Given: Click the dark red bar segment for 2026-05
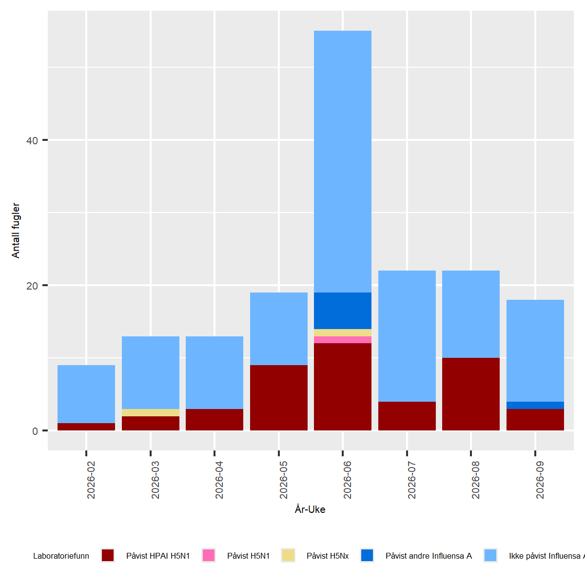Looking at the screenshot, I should click(x=278, y=397).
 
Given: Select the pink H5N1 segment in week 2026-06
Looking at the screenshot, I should click(x=342, y=340).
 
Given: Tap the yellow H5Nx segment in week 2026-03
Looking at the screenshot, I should click(x=150, y=412).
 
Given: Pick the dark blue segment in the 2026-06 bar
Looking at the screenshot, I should click(x=342, y=311).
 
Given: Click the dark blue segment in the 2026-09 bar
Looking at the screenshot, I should click(x=535, y=405).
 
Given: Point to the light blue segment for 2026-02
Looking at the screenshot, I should click(x=86, y=394).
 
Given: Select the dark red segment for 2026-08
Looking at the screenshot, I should click(x=470, y=394).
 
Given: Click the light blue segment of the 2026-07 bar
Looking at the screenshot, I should click(x=407, y=336).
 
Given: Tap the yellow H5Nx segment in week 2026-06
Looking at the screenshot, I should click(x=342, y=332).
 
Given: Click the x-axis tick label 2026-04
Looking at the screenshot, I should click(x=219, y=480).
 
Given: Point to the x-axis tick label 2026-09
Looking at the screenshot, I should click(x=540, y=480).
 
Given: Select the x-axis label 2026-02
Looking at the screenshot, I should click(x=91, y=480).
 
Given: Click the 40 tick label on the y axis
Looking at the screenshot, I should click(x=32, y=140).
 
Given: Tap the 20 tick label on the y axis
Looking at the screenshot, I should click(x=32, y=286).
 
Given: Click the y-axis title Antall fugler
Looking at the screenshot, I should click(x=16, y=231).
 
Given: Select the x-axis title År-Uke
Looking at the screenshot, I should click(x=310, y=509).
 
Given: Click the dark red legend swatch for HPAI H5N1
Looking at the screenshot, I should click(x=108, y=555).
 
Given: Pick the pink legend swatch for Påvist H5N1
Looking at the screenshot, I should click(x=209, y=555).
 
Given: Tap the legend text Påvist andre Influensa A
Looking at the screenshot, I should click(x=429, y=556).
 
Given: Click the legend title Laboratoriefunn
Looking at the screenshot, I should click(x=61, y=556).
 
